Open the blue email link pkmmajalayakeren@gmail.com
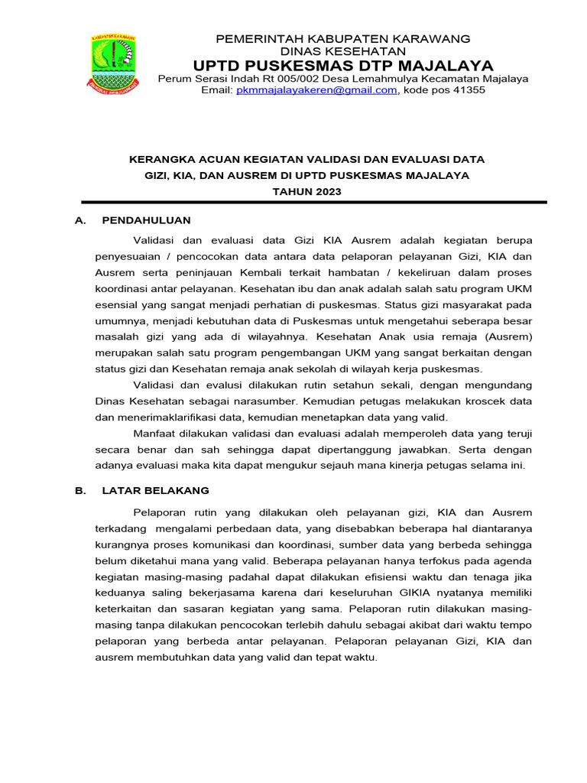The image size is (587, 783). [316, 90]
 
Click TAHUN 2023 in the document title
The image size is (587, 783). [307, 191]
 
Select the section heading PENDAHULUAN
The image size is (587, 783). [146, 220]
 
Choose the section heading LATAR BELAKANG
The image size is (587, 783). [155, 490]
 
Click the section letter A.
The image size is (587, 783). [79, 220]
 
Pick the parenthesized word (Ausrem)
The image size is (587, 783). [507, 336]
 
